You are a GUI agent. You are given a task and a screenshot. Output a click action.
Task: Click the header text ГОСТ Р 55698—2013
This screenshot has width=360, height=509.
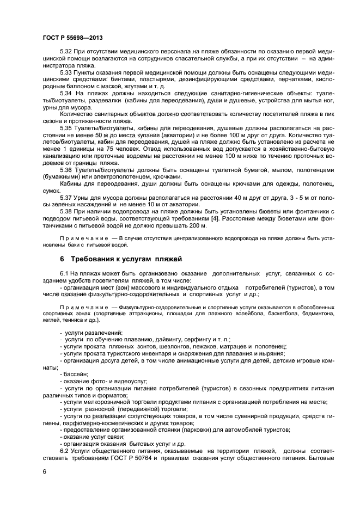pyautogui.click(x=72, y=38)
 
